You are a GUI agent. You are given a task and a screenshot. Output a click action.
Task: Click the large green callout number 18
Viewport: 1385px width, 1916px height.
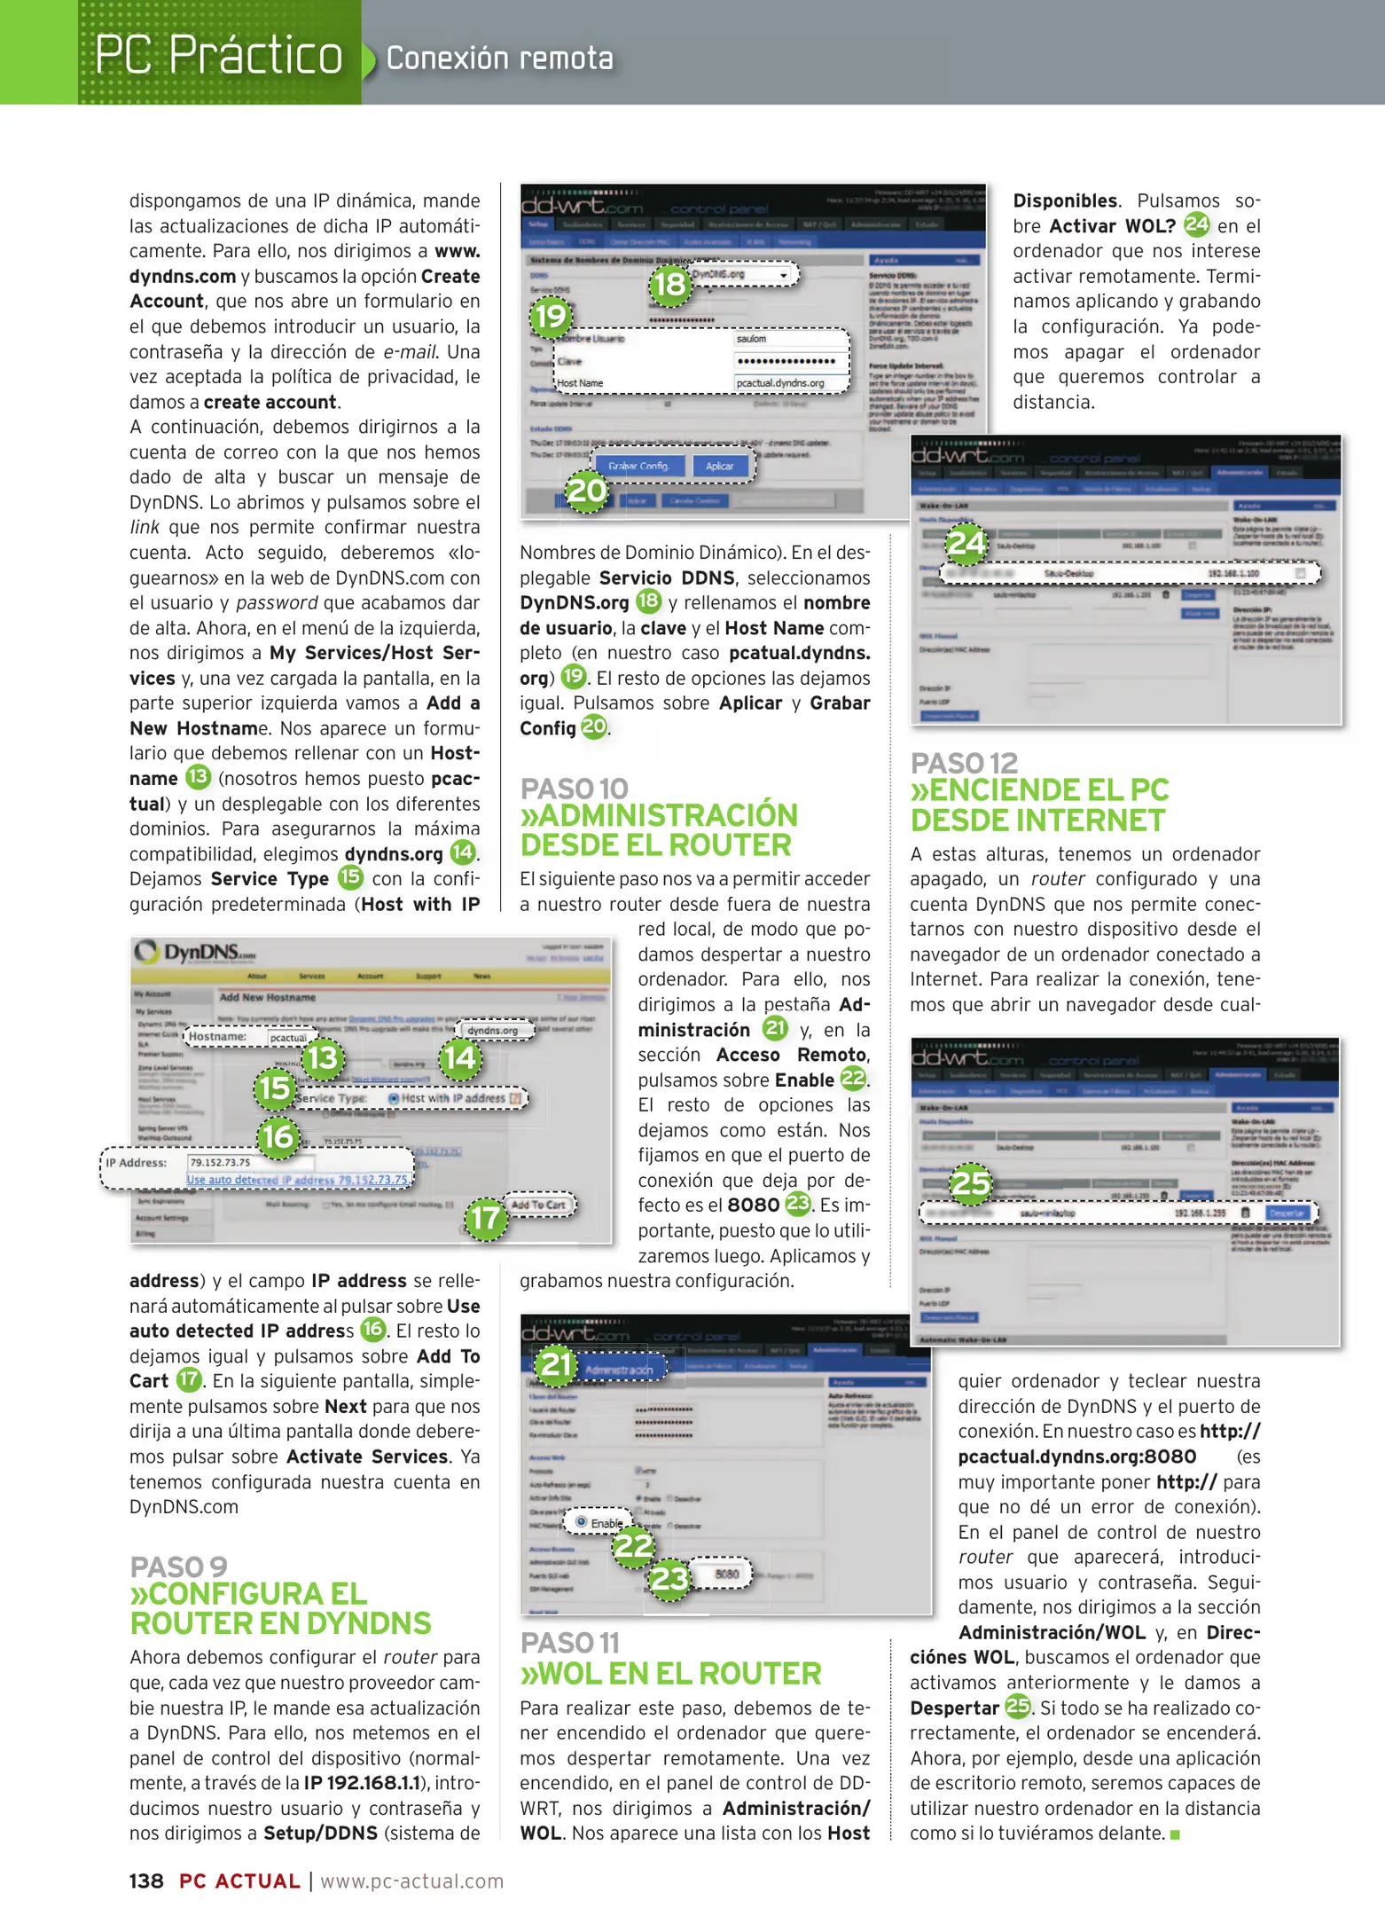coord(669,284)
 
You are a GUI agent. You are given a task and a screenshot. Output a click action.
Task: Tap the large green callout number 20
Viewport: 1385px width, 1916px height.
coord(586,491)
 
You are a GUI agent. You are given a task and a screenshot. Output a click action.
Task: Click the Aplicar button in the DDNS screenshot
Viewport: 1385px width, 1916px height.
coord(719,466)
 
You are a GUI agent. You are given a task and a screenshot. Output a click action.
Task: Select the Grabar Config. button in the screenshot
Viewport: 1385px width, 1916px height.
coord(638,466)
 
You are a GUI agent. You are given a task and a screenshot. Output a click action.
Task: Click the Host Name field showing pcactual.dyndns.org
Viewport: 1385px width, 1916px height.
coord(789,383)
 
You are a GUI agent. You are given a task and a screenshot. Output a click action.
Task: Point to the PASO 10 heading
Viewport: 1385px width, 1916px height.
coord(574,789)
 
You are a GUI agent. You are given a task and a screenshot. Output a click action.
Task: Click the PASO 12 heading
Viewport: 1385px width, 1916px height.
coord(964,763)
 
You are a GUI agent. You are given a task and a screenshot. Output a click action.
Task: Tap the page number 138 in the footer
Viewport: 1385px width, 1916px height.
coord(146,1881)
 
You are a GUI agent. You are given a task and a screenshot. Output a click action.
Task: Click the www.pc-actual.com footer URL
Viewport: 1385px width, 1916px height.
coord(412,1881)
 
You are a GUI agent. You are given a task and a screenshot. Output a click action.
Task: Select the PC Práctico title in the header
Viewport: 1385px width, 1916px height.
coord(218,55)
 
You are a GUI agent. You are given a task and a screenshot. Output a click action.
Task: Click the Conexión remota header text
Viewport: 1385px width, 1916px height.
coord(499,59)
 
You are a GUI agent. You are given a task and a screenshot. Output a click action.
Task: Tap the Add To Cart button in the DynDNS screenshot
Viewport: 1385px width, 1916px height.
coord(537,1205)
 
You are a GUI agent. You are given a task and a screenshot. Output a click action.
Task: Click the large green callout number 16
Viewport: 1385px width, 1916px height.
coord(278,1136)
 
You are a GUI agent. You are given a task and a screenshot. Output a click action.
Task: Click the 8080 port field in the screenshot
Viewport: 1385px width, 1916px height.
coord(726,1574)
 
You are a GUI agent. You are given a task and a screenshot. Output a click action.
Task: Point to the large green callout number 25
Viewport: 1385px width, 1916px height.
coord(970,1183)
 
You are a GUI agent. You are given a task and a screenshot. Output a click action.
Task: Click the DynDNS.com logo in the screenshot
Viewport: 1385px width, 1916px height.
coord(195,953)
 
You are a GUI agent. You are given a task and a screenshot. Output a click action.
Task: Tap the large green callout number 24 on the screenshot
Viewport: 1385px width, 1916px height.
coord(966,542)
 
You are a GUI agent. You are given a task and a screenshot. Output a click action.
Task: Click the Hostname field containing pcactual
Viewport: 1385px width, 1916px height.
coord(288,1037)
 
